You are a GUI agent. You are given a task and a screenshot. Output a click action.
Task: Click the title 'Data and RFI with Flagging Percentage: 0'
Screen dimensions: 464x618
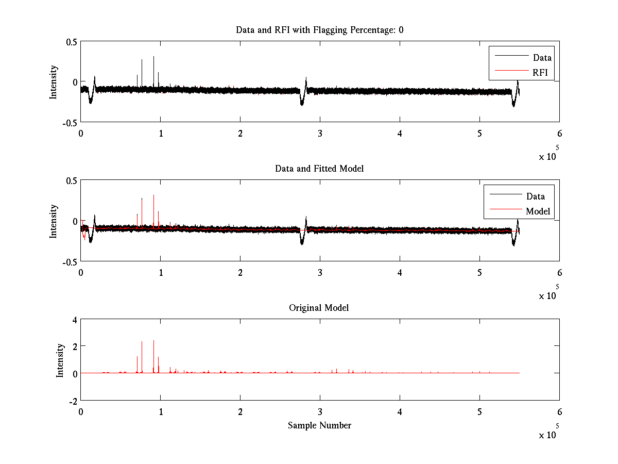[319, 30]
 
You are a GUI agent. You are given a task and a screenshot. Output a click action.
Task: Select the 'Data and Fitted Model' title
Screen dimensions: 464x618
[319, 169]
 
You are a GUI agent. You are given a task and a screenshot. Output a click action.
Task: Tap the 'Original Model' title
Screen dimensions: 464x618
[319, 308]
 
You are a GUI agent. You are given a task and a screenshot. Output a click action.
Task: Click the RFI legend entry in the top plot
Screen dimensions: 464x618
[540, 72]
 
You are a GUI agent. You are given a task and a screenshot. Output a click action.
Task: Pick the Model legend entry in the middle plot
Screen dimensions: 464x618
[538, 211]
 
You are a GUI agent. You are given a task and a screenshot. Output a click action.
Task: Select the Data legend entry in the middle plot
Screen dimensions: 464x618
[535, 196]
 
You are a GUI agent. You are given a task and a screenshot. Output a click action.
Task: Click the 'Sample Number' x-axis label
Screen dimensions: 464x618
[319, 425]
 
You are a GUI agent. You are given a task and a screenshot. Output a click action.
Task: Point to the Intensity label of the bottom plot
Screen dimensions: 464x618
[60, 360]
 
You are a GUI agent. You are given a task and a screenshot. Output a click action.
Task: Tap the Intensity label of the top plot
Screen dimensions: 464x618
[54, 81]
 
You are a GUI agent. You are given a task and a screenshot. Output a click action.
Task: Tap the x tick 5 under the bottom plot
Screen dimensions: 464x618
[479, 412]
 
